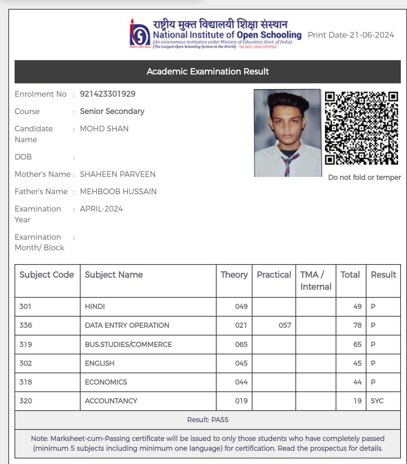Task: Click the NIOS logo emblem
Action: click(x=140, y=34)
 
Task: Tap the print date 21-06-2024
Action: click(x=351, y=35)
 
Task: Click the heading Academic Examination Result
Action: click(x=208, y=72)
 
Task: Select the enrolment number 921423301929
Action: click(x=107, y=94)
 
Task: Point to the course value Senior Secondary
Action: click(x=112, y=111)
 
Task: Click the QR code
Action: click(x=361, y=128)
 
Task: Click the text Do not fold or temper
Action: click(x=364, y=177)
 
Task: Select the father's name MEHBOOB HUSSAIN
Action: click(x=118, y=192)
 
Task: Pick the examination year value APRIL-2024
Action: click(x=101, y=209)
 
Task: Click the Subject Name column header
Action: click(x=114, y=275)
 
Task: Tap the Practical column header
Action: click(x=274, y=275)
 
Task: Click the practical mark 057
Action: click(x=285, y=325)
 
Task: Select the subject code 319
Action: click(x=26, y=344)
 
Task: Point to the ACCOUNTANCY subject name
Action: click(x=111, y=401)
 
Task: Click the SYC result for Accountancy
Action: click(x=377, y=401)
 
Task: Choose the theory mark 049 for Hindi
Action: click(x=241, y=306)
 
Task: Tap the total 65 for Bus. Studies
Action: click(x=357, y=344)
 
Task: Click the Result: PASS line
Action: click(x=208, y=420)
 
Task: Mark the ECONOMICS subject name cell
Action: click(x=106, y=382)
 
